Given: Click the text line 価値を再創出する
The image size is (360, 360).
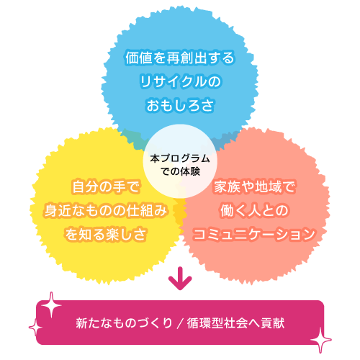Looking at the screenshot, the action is (x=180, y=58).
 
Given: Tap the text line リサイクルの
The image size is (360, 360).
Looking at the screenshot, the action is (x=180, y=81).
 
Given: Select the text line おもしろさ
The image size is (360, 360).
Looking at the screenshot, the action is (x=180, y=105).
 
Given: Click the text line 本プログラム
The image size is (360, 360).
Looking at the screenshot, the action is (x=180, y=158).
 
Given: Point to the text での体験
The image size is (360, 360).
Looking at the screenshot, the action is (x=180, y=171).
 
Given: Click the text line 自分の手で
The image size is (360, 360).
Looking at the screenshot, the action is (x=105, y=186).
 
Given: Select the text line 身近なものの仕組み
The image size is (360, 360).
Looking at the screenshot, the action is (x=106, y=210).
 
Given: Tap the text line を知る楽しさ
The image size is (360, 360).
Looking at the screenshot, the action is (x=106, y=234).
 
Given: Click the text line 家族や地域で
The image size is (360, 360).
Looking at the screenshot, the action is (x=254, y=186).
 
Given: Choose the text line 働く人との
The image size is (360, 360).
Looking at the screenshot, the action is (x=254, y=210).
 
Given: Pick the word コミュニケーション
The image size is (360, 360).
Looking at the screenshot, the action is (x=254, y=234).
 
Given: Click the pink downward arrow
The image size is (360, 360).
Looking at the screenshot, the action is (x=180, y=279).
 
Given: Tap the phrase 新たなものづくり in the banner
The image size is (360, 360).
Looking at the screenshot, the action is (x=124, y=323).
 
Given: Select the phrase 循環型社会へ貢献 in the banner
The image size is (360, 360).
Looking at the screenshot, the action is (x=235, y=323).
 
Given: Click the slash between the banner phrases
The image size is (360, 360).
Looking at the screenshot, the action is (x=180, y=323).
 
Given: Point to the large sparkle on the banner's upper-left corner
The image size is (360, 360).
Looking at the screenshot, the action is (x=51, y=305).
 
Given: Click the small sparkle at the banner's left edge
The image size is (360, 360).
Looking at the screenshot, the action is (x=35, y=328).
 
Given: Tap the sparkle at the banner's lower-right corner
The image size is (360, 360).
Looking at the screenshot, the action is (x=321, y=340).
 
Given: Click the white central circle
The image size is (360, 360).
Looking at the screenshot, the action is (x=180, y=161).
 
